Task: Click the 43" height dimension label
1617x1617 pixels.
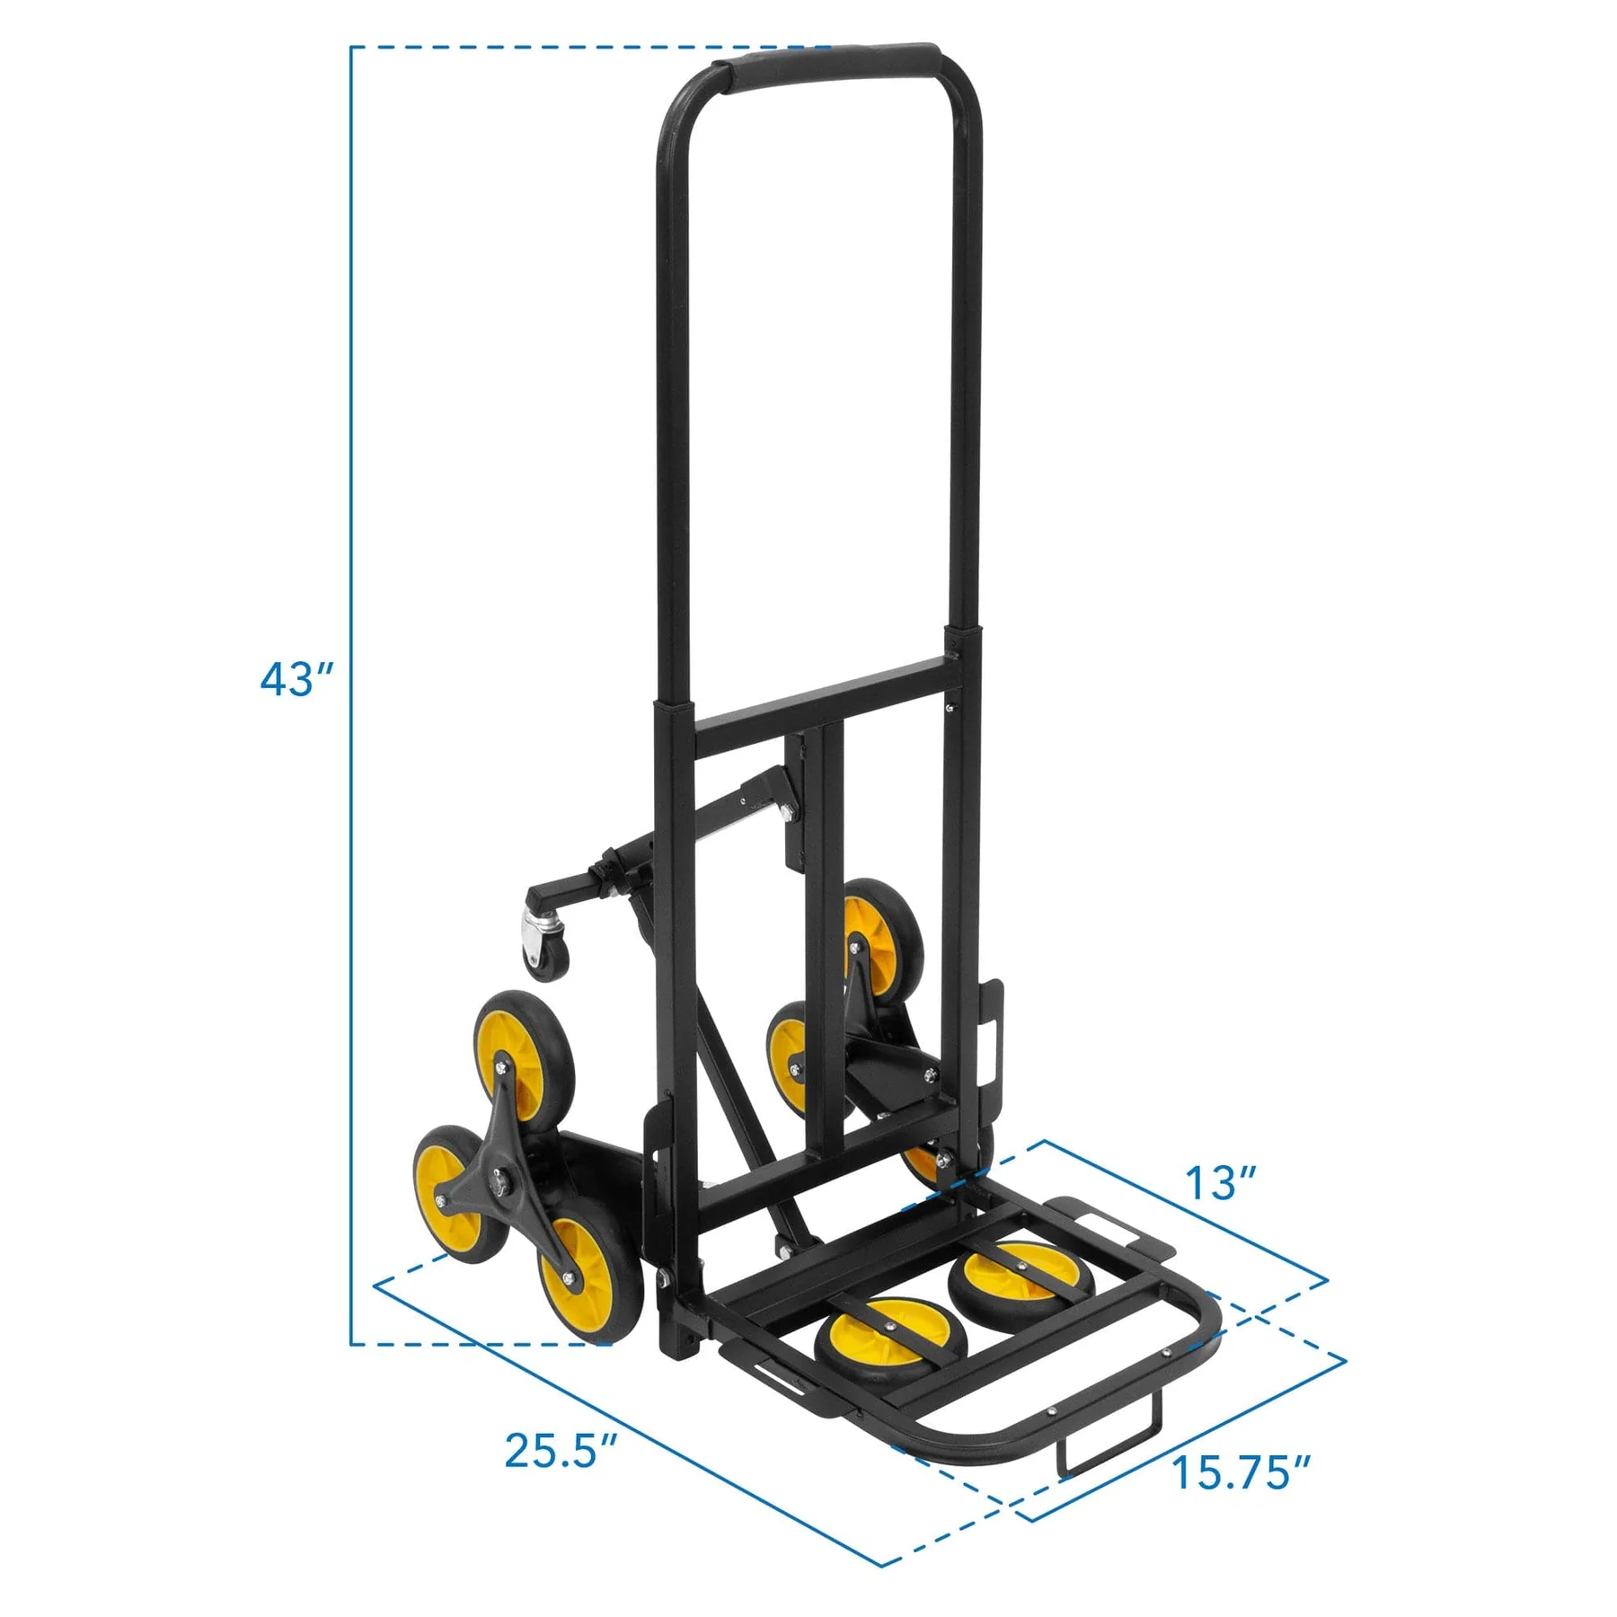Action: coord(296,679)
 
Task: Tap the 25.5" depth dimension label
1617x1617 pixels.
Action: coord(561,1449)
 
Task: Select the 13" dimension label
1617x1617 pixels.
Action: coord(1221,1182)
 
